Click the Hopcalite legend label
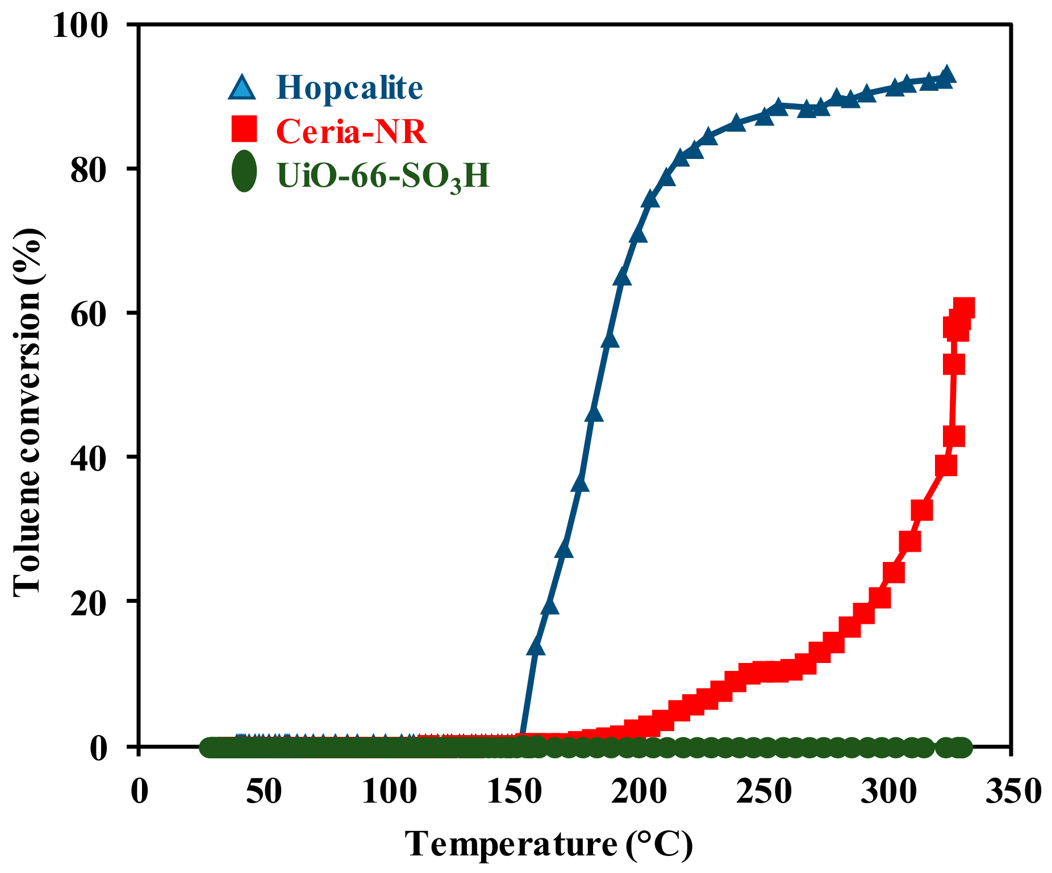tap(349, 87)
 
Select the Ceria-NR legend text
tap(351, 131)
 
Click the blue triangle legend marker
tap(243, 88)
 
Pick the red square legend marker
tap(244, 129)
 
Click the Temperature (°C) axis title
tap(549, 844)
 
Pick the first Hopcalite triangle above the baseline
tap(536, 647)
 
